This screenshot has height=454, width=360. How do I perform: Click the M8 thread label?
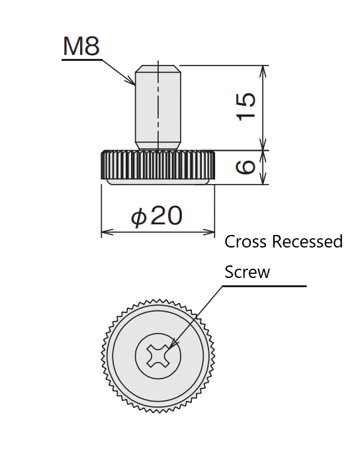(x=81, y=46)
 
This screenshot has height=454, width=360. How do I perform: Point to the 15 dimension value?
(x=246, y=107)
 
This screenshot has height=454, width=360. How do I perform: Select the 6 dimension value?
(x=246, y=167)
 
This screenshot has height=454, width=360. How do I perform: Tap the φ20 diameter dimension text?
(x=157, y=216)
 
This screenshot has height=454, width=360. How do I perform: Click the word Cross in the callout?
(x=246, y=242)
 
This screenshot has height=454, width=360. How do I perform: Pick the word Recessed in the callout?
(x=307, y=242)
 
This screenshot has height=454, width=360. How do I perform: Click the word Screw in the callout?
(x=247, y=272)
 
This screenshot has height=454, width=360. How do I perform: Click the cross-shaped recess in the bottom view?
(x=158, y=356)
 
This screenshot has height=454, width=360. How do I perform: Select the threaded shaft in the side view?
(x=158, y=107)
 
